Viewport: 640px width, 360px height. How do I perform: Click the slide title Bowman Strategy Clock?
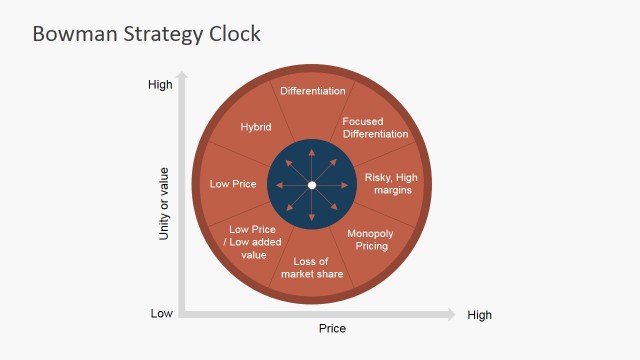[146, 33]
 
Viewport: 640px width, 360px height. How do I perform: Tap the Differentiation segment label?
[312, 91]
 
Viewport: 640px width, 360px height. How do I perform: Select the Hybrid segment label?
[256, 127]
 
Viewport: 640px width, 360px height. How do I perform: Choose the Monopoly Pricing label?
[370, 239]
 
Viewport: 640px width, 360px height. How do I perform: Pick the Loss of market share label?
[312, 268]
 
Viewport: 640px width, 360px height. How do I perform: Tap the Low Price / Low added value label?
[254, 241]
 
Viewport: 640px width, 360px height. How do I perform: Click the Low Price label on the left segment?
[233, 184]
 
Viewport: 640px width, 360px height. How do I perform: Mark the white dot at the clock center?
[312, 185]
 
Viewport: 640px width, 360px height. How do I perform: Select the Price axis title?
[332, 328]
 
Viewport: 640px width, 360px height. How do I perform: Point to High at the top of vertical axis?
[160, 85]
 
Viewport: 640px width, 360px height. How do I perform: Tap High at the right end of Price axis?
[479, 315]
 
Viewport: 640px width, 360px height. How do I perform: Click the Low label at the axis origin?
[162, 314]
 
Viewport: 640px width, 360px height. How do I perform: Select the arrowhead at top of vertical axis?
[182, 76]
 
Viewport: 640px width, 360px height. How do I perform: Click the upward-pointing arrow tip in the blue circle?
[312, 149]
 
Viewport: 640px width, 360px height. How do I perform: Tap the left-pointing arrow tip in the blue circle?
[276, 185]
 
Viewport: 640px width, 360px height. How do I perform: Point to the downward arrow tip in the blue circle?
[312, 221]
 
